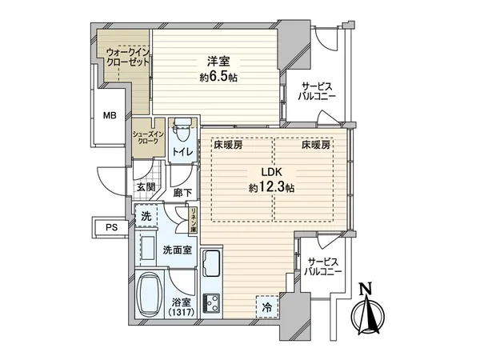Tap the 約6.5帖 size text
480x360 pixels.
[218, 78]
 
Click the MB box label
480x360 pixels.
[108, 115]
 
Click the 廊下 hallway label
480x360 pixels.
[182, 193]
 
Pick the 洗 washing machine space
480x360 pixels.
[146, 217]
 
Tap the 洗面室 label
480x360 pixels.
[176, 250]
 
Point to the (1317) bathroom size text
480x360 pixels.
[182, 313]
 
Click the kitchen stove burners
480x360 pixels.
[212, 303]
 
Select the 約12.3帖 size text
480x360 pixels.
[269, 189]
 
